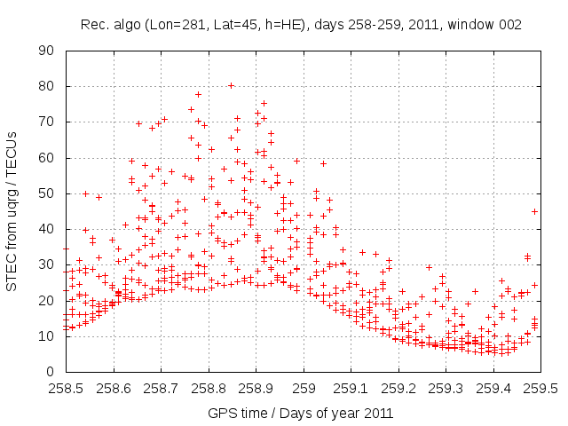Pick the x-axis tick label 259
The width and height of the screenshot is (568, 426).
pos(304,388)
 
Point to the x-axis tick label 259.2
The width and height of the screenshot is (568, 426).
pos(398,388)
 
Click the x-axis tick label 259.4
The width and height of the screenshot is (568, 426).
pos(493,388)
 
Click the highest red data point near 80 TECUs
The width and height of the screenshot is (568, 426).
pos(231,86)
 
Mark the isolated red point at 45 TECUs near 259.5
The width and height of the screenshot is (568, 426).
pos(535,211)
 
